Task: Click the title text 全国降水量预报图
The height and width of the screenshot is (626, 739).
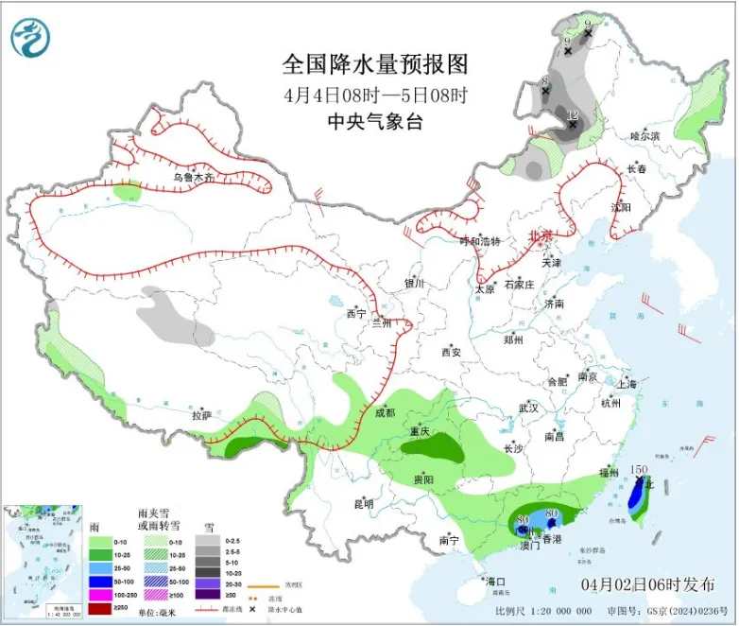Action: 375,64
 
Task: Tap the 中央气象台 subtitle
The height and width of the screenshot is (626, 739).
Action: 375,120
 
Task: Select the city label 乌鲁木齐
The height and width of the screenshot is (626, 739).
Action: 195,177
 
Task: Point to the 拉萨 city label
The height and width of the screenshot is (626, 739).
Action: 200,414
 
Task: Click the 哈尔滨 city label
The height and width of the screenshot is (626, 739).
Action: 645,136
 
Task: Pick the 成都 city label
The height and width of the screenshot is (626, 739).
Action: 384,412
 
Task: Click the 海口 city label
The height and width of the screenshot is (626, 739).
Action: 495,581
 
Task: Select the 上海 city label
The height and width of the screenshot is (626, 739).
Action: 626,384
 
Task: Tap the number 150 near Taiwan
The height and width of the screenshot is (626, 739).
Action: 639,470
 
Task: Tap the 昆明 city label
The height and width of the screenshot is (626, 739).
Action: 363,503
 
